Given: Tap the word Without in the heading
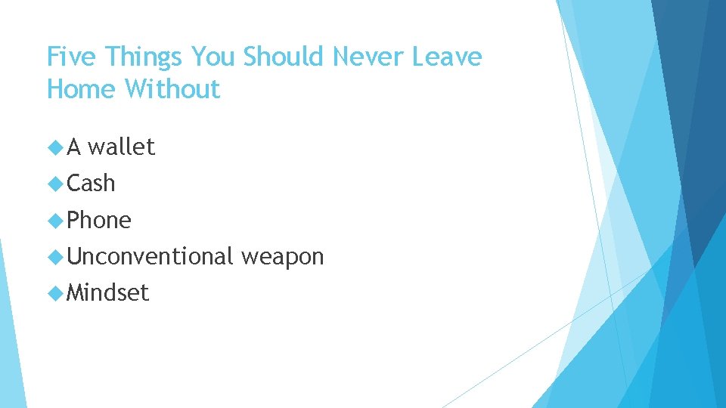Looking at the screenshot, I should click(x=172, y=89).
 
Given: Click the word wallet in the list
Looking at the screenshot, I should click(x=121, y=147).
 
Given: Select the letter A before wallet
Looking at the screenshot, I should click(x=73, y=147).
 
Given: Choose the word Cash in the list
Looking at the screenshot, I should click(x=91, y=183).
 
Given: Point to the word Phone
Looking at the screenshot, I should click(x=99, y=220).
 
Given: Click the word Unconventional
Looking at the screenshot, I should click(x=150, y=257).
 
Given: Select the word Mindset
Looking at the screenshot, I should click(x=107, y=293).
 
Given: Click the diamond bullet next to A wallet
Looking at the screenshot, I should click(x=54, y=147).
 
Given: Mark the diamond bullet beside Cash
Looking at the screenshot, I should click(x=54, y=183).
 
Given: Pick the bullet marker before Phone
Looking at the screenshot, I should click(x=54, y=220).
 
